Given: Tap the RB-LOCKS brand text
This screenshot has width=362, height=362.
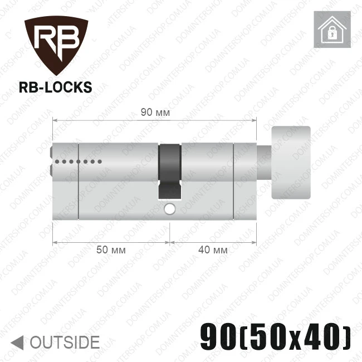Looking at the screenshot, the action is point(55,87).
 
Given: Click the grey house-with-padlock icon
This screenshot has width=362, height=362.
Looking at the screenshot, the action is point(332,30).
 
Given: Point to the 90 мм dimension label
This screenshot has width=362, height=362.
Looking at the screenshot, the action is point(155,112).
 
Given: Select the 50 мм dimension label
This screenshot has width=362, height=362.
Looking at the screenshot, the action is point(111,250).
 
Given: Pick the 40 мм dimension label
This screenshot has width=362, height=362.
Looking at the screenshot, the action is point(213,250).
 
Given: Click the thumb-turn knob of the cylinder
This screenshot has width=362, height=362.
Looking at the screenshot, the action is point(291,163).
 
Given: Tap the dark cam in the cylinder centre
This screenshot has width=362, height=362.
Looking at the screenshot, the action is point(170,172).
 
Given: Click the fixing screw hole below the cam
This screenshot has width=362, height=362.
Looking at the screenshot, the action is point(170,209).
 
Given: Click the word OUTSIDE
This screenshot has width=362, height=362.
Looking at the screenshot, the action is point(65,342).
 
